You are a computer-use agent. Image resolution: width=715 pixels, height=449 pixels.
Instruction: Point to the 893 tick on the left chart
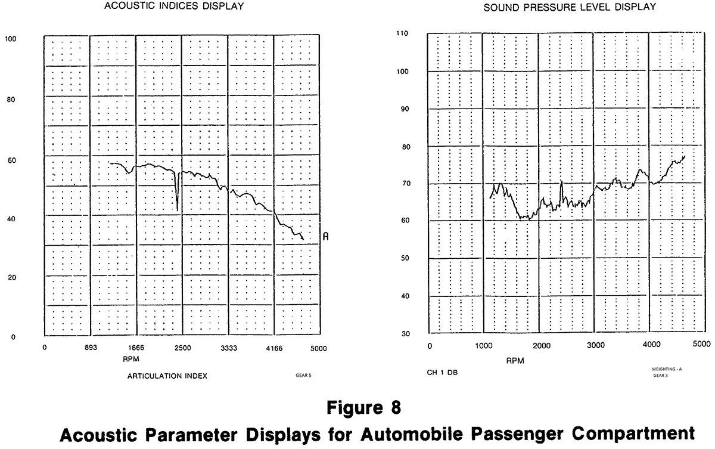(89, 348)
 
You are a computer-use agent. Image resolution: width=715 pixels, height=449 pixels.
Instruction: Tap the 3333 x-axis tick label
(229, 348)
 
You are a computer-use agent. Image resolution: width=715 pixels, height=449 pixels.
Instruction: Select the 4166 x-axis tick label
(274, 348)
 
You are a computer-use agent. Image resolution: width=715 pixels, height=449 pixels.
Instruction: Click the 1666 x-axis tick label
(136, 348)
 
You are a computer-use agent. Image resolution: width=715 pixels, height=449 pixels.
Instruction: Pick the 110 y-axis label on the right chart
(403, 34)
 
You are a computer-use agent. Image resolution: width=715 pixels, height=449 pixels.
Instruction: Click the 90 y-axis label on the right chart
(405, 109)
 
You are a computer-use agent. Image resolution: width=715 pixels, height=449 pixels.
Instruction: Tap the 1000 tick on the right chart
(484, 345)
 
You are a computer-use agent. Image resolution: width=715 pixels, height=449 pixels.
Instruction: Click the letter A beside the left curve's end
(325, 237)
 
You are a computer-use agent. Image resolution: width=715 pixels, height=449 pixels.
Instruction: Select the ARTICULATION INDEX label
(167, 376)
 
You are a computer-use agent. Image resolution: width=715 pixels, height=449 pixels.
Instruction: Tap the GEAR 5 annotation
(304, 376)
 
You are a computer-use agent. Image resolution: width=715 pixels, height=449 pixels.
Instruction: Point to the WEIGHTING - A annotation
(667, 369)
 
